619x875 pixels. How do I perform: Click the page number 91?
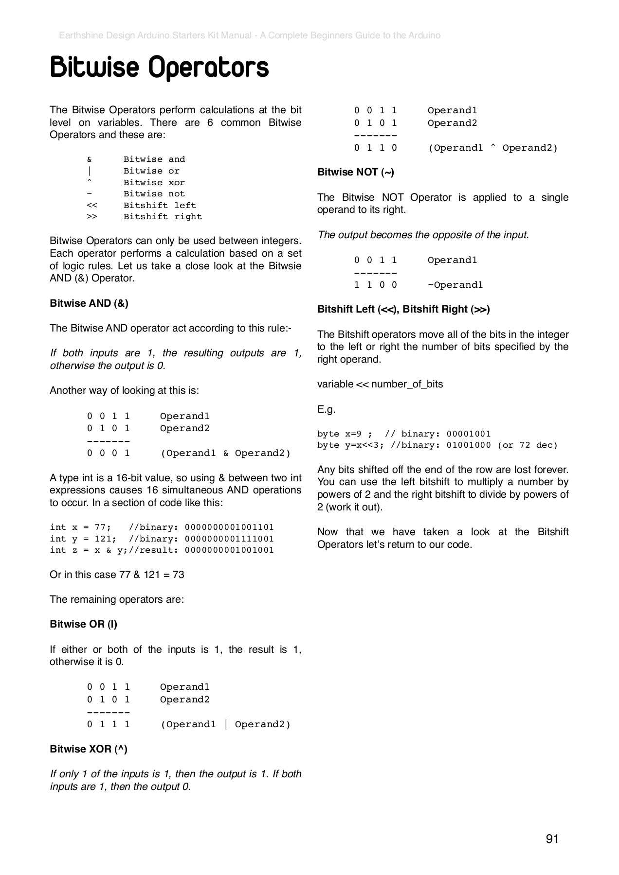[552, 839]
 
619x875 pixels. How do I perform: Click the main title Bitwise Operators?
[159, 68]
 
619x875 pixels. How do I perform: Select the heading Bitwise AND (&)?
[89, 303]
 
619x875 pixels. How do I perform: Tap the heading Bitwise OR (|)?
[83, 624]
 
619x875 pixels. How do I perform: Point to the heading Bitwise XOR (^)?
[89, 749]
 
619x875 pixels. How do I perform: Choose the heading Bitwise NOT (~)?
[356, 172]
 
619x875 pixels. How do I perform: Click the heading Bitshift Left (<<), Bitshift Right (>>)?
[403, 309]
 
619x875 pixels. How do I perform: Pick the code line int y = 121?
[83, 539]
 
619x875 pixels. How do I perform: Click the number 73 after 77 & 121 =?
[179, 575]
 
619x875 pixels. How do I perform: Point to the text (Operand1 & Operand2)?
[225, 453]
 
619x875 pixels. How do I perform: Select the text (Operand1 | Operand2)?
[225, 724]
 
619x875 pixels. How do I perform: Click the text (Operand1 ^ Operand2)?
[492, 148]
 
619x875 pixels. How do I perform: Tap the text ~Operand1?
[455, 285]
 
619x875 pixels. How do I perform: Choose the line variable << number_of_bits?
[380, 384]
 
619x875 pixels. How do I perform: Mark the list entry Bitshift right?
[163, 217]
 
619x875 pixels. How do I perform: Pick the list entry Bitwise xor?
[154, 183]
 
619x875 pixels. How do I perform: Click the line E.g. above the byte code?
[326, 409]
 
